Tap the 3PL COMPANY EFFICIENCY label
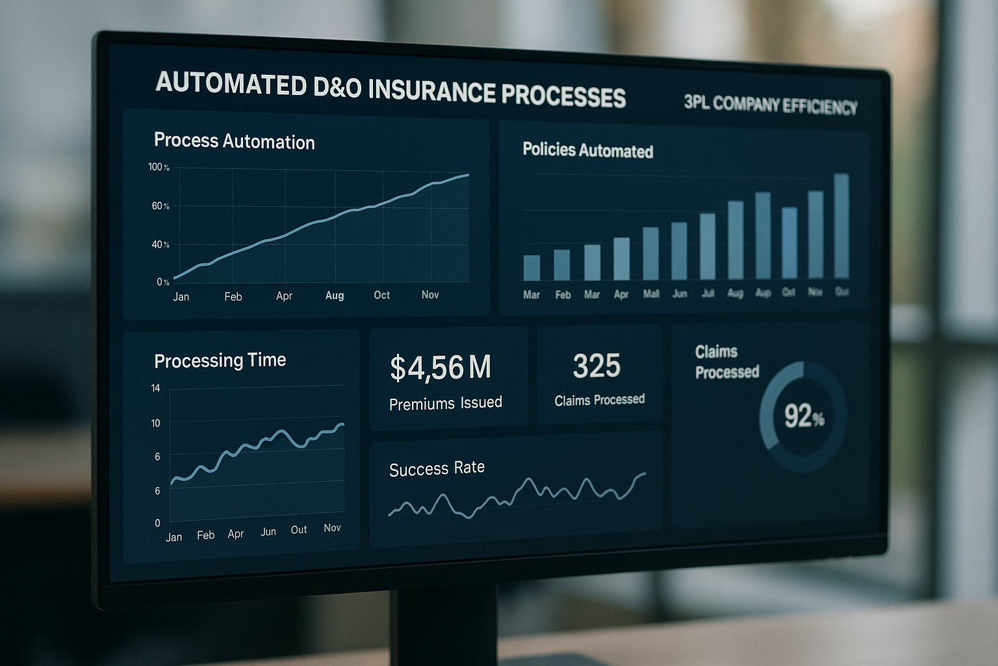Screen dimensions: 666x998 (771, 105)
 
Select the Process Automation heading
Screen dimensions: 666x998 (234, 141)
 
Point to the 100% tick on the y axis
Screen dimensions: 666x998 (159, 167)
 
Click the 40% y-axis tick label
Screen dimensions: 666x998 (160, 245)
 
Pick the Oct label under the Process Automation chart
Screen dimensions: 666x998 (381, 295)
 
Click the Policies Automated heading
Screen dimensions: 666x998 (587, 150)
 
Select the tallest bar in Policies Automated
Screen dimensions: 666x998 (841, 226)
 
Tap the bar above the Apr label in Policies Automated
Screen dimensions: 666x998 (622, 259)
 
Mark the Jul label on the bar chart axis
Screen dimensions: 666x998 (708, 293)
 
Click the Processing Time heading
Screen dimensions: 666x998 (220, 360)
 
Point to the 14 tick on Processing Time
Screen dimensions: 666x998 (155, 388)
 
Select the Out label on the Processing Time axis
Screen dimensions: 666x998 (299, 530)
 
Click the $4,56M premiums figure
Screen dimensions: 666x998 (440, 367)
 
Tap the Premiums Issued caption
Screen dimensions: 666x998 (445, 403)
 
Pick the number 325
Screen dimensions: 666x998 (596, 366)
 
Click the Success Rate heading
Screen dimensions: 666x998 (437, 468)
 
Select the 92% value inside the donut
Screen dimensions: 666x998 (804, 416)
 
